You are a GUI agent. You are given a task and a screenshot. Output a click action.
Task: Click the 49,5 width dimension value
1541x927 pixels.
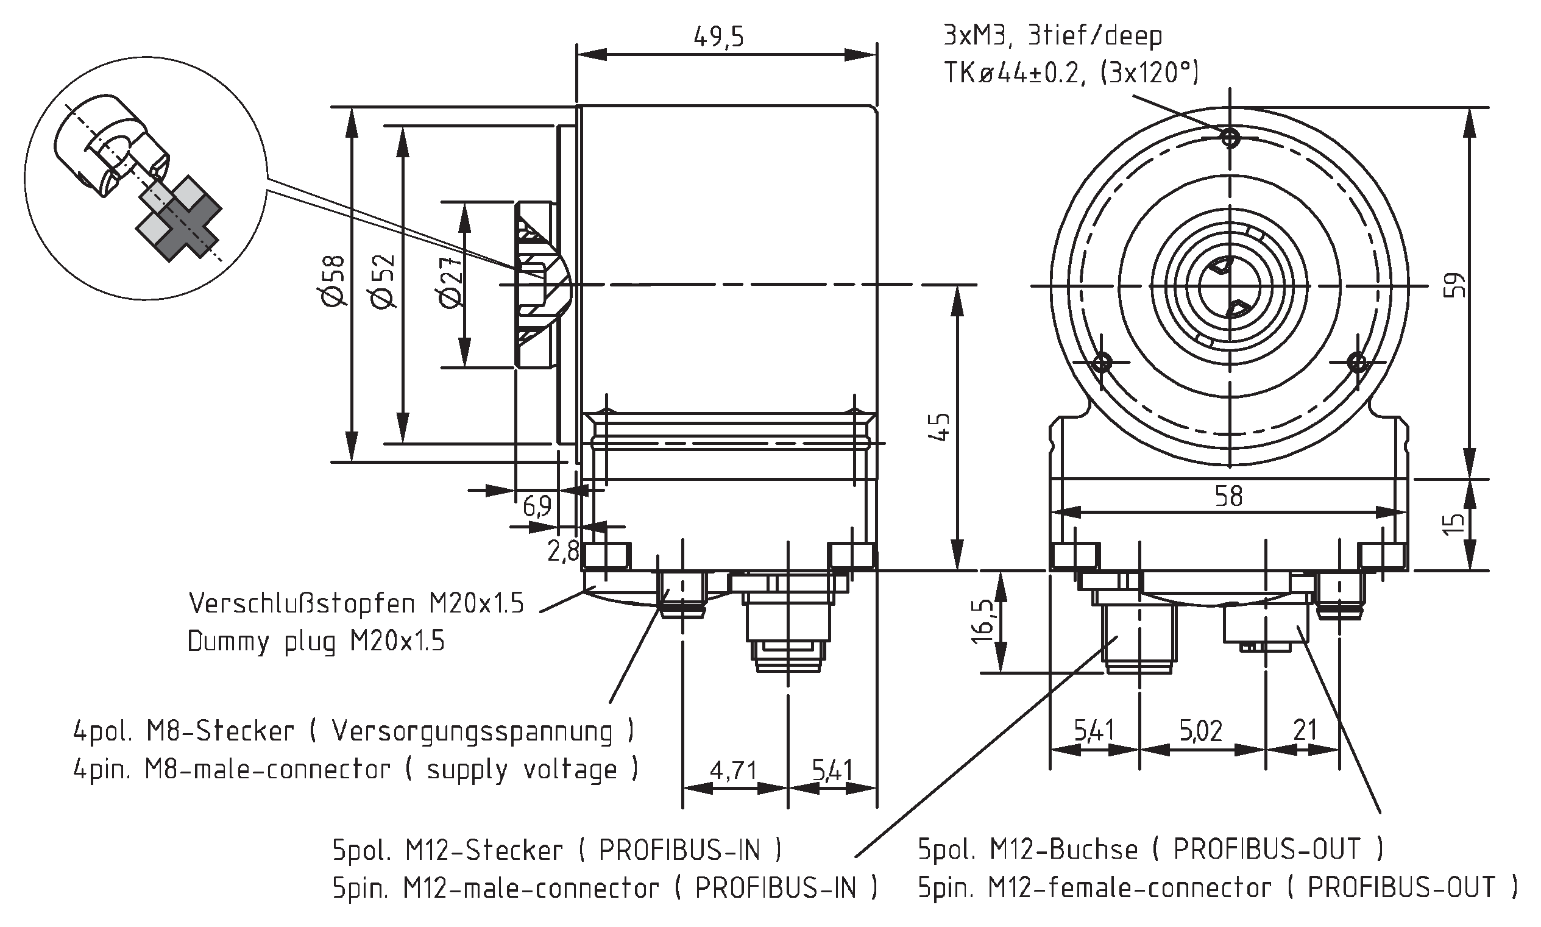tap(718, 37)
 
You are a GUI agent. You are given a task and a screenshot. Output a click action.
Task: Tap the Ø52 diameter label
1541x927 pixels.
tap(384, 281)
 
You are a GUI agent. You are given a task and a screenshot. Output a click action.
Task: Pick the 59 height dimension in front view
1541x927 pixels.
tap(1455, 285)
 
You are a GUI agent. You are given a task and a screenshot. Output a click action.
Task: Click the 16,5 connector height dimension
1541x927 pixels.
tap(983, 622)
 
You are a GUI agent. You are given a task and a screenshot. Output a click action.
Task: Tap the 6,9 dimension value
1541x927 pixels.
tap(537, 506)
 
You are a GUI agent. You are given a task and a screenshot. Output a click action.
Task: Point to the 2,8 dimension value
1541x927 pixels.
tap(563, 551)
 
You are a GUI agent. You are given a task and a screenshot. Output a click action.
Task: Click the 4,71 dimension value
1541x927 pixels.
tap(733, 770)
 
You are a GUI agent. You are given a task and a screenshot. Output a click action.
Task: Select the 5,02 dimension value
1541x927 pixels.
tap(1200, 730)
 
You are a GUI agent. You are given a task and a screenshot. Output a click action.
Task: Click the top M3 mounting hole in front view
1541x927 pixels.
tap(1230, 137)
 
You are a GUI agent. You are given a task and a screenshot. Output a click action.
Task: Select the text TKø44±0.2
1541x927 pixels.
tap(1017, 74)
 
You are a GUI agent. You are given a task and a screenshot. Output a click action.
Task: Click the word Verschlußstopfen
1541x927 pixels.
tap(302, 603)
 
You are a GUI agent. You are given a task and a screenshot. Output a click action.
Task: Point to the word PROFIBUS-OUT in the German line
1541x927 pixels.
tap(1267, 849)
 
